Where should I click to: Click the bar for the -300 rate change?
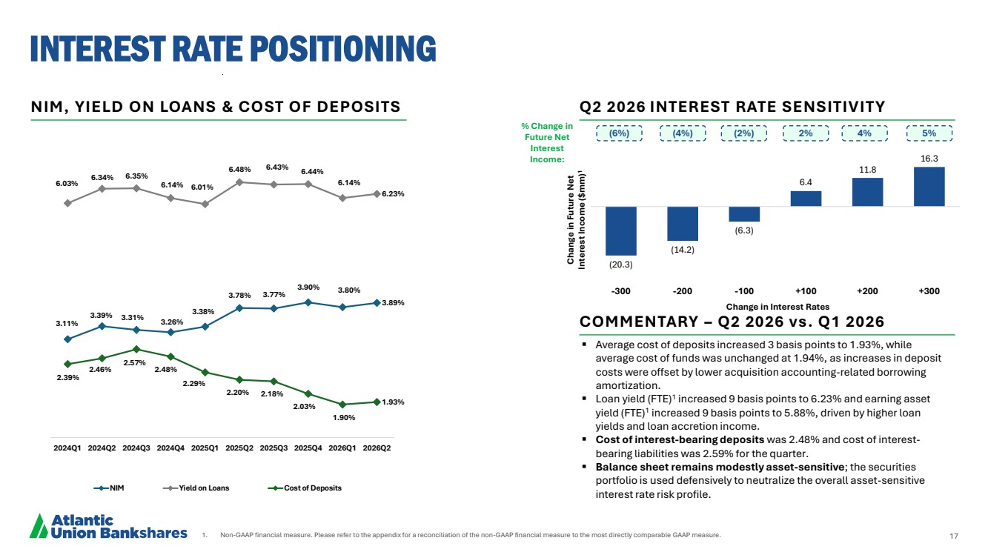pos(620,230)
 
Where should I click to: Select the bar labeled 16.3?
pos(929,187)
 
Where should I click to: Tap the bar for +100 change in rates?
pos(806,199)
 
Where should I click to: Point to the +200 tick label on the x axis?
pos(867,291)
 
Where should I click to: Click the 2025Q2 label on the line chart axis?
pos(239,448)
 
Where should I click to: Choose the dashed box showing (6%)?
pos(620,133)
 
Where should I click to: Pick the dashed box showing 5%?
pos(929,133)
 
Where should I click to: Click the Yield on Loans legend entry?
pos(196,488)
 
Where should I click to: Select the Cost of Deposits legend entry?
pos(305,488)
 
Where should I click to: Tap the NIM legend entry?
pos(109,488)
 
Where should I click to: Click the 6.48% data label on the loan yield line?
pos(239,169)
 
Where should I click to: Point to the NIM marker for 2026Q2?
pos(377,303)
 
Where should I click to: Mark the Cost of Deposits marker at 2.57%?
pos(136,349)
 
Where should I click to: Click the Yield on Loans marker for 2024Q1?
pos(67,203)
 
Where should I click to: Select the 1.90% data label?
pos(344,417)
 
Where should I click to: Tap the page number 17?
pos(954,536)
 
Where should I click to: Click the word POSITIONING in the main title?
pos(343,48)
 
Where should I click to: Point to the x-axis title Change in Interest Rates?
pos(778,307)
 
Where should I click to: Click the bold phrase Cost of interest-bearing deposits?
pos(680,439)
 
